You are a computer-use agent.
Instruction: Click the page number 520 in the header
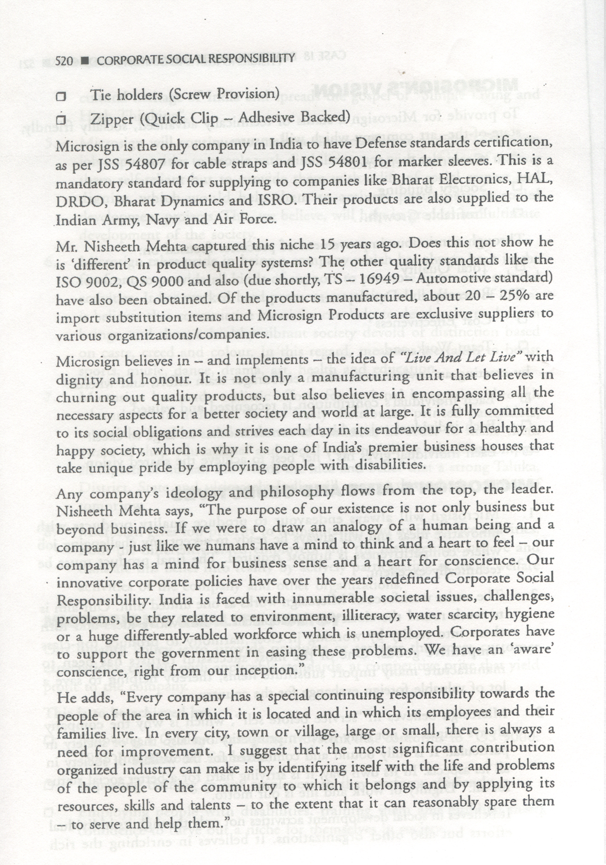click(x=65, y=61)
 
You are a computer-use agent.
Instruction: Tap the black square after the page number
click(x=85, y=61)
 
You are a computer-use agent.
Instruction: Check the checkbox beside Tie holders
click(x=61, y=95)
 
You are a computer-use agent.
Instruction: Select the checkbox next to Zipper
click(x=61, y=120)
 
